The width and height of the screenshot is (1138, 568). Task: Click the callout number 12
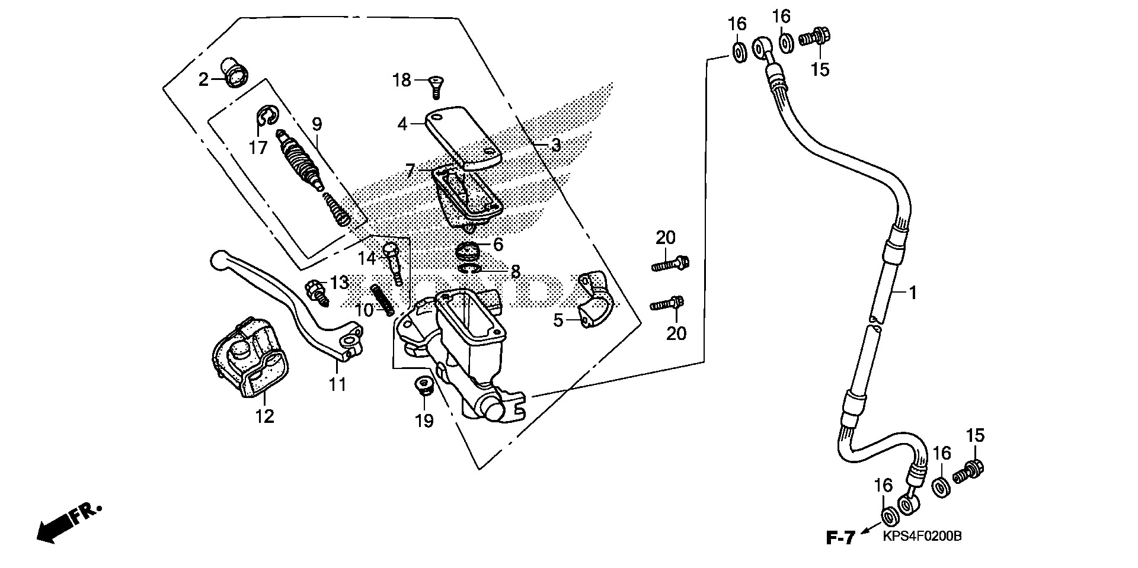(x=265, y=416)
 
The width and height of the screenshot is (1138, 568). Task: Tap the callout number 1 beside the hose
(x=913, y=292)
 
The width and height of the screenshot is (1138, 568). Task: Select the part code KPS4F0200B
(x=922, y=537)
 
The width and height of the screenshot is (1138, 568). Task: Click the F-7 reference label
(x=840, y=538)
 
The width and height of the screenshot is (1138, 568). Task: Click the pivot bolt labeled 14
(x=394, y=261)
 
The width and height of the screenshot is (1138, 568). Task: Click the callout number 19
(x=424, y=421)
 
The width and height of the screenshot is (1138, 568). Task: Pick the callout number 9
(x=317, y=124)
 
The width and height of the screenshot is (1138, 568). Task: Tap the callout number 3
(x=555, y=145)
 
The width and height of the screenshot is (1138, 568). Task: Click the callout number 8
(x=515, y=272)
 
